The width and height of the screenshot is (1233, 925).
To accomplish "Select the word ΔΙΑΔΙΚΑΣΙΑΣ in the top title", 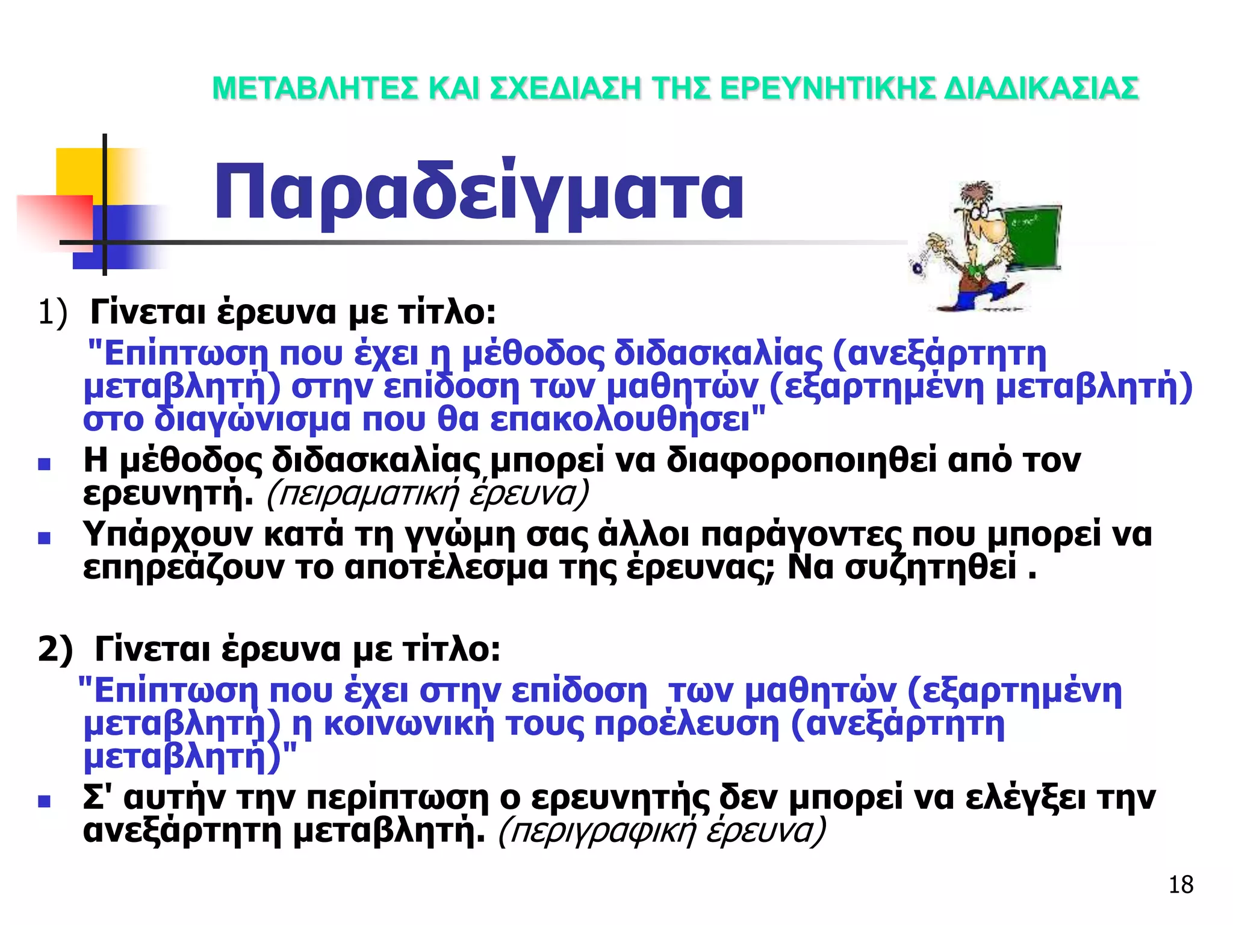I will coord(1041,89).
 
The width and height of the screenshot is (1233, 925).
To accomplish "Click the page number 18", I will coord(1181,885).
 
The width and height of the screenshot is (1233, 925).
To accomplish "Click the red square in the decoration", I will coord(54,220).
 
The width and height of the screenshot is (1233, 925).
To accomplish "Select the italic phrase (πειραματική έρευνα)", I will coord(426,494).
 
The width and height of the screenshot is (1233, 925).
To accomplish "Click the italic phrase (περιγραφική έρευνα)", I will coord(662,831).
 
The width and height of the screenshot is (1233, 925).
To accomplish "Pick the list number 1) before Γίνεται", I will coord(52,313).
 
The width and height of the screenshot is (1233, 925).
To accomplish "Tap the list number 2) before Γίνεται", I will coord(55,650).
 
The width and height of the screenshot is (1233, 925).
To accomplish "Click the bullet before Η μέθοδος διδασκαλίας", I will coord(44,464).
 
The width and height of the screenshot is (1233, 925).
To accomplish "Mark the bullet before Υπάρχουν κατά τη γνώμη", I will coord(44,538).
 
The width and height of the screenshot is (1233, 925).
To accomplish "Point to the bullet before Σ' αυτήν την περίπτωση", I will coord(44,802).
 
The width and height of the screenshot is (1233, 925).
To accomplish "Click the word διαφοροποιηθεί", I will coord(801,461).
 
